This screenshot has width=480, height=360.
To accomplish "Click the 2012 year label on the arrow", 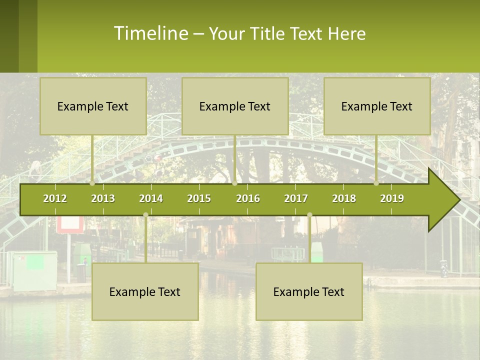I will coord(55,198).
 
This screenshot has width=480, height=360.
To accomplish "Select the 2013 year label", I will coord(103,198).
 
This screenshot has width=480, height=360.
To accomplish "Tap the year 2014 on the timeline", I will coord(151,198).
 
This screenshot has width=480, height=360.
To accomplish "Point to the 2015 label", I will coord(199,198).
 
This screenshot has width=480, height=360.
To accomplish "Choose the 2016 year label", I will coord(248,198).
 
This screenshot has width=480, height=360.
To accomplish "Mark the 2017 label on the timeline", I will coord(296,198).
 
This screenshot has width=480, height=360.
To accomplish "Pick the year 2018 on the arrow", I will coord(344,198).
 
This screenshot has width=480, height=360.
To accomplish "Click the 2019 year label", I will coord(392,198).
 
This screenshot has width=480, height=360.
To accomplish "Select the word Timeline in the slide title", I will coord(150,33).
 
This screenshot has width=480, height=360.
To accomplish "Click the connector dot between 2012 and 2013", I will coord(92,183).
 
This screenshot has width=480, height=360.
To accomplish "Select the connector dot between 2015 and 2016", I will coord(234,183).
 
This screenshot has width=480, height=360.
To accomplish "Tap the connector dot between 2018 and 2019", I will coord(376,183).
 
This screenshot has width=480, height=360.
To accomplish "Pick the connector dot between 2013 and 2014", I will coord(145,215).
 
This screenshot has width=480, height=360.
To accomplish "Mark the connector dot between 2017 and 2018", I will coord(309,215).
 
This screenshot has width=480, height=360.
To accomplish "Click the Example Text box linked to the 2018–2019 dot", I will coord(377,106).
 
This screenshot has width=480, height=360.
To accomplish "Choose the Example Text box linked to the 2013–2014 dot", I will coord(145,292).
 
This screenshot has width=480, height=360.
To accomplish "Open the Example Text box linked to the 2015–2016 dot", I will coord(235,106).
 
